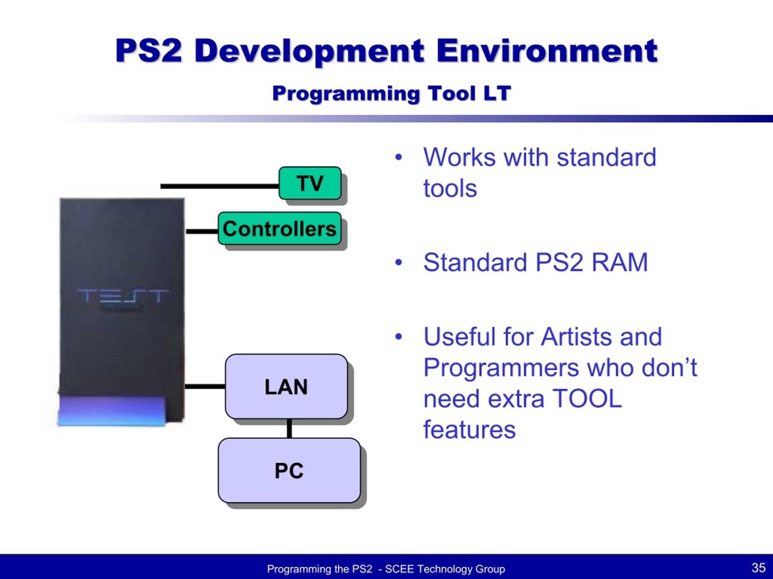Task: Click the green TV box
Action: (x=310, y=183)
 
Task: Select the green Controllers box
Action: (x=280, y=228)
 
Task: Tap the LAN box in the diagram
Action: (x=286, y=386)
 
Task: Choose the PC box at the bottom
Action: (x=289, y=470)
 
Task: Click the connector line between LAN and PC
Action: (x=289, y=428)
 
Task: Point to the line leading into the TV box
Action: (x=220, y=186)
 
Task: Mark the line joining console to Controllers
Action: (x=202, y=231)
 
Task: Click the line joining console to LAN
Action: (x=205, y=386)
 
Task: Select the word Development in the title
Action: (x=309, y=51)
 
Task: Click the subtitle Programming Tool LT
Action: (x=391, y=93)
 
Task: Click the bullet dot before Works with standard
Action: (x=398, y=157)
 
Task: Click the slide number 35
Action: (x=758, y=568)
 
